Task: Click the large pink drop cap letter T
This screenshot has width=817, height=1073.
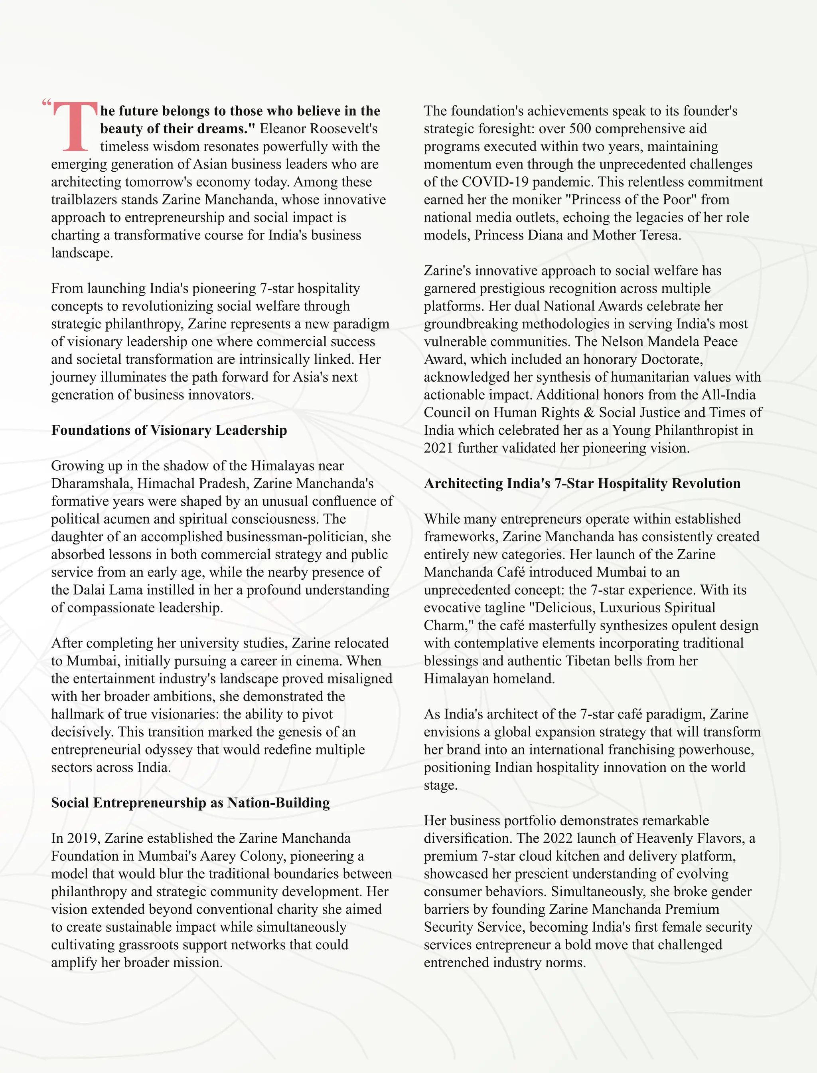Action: click(75, 127)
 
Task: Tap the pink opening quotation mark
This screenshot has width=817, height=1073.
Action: click(47, 103)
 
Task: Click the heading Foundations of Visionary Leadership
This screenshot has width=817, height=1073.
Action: click(169, 430)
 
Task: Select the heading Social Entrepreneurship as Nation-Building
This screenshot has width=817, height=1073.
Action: click(190, 802)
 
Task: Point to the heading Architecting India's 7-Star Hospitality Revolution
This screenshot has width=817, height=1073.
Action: click(582, 483)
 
